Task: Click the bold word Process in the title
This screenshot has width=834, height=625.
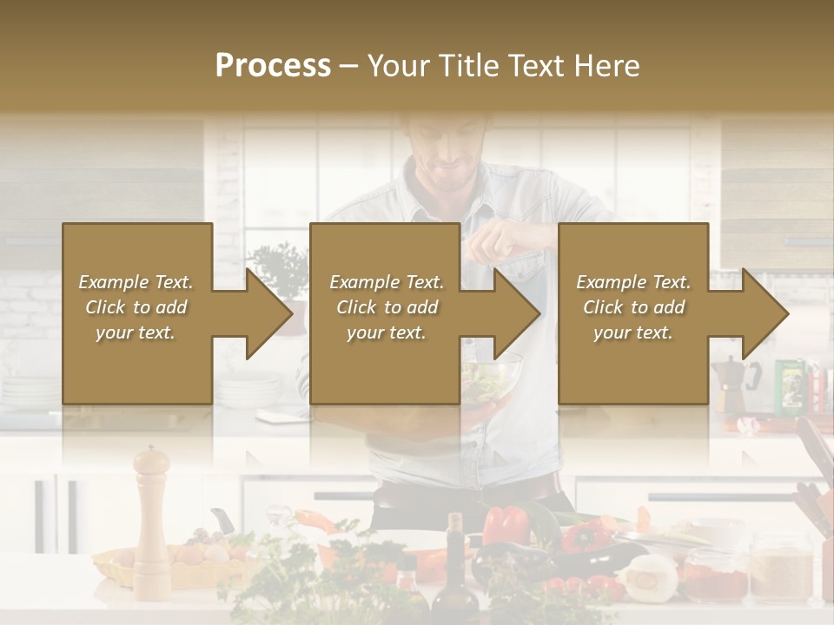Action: click(x=273, y=65)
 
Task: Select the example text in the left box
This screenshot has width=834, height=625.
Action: click(x=136, y=307)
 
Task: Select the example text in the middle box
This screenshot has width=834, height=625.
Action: click(x=386, y=307)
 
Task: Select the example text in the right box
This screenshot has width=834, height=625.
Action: click(x=633, y=307)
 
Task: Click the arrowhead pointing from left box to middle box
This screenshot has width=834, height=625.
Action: click(x=268, y=313)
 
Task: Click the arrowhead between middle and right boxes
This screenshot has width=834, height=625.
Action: click(x=517, y=313)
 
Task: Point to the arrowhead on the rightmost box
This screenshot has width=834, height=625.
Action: click(x=765, y=313)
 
